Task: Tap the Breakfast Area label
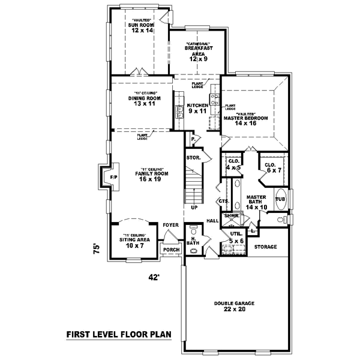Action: [x=199, y=52]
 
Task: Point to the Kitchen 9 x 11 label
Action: [x=197, y=108]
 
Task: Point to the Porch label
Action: [x=171, y=250]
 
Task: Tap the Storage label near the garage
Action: [x=265, y=247]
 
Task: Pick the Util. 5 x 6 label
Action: [x=236, y=237]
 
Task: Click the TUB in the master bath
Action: [x=280, y=199]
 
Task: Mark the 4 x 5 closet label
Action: [x=233, y=164]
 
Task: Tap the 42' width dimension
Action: [x=155, y=277]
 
